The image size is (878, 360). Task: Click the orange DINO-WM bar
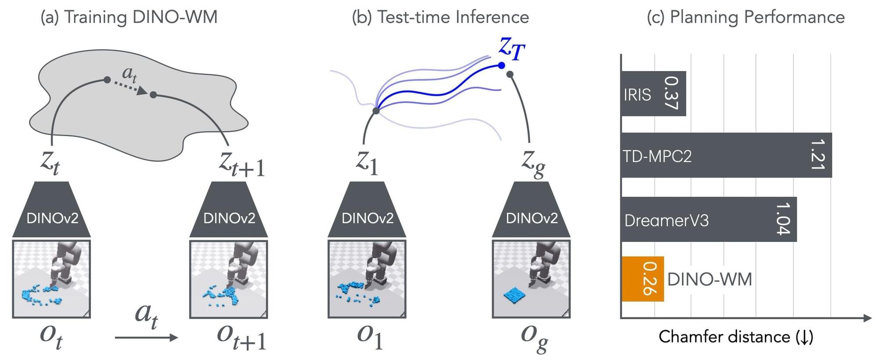pyautogui.click(x=643, y=279)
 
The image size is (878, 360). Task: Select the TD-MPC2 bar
pyautogui.click(x=727, y=155)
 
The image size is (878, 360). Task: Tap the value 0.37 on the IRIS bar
pyautogui.click(x=671, y=93)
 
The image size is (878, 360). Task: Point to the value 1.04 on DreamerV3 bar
pyautogui.click(x=783, y=219)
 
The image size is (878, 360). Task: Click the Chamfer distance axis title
pyautogui.click(x=736, y=337)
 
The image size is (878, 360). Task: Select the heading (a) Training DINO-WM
pyautogui.click(x=129, y=17)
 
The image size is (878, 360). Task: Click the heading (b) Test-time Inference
pyautogui.click(x=440, y=17)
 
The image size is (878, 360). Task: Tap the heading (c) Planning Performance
pyautogui.click(x=745, y=17)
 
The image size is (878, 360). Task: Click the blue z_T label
pyautogui.click(x=512, y=48)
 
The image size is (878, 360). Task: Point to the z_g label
pyautogui.click(x=533, y=164)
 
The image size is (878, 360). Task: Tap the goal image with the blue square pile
pyautogui.click(x=531, y=278)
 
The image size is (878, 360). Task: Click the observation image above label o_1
pyautogui.click(x=367, y=278)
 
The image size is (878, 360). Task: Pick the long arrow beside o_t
pyautogui.click(x=146, y=337)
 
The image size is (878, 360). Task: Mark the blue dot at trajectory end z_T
pyautogui.click(x=501, y=65)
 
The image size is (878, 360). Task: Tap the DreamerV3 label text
pyautogui.click(x=666, y=220)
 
